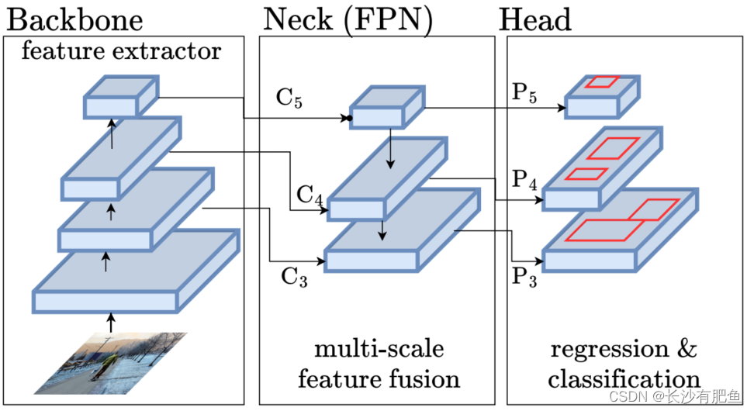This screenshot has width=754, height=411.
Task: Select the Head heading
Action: point(535,19)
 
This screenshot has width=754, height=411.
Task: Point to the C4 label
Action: point(308,194)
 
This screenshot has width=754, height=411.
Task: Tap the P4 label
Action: point(525,181)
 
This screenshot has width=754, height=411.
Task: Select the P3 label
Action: point(525,275)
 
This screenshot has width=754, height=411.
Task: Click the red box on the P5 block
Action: point(602,81)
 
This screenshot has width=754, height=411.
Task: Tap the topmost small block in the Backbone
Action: point(120,98)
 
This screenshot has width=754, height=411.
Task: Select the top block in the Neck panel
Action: point(386,107)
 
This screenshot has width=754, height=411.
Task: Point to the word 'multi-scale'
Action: point(379,348)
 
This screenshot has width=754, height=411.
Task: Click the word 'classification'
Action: point(624,379)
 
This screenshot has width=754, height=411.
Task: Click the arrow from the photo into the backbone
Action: point(110,321)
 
